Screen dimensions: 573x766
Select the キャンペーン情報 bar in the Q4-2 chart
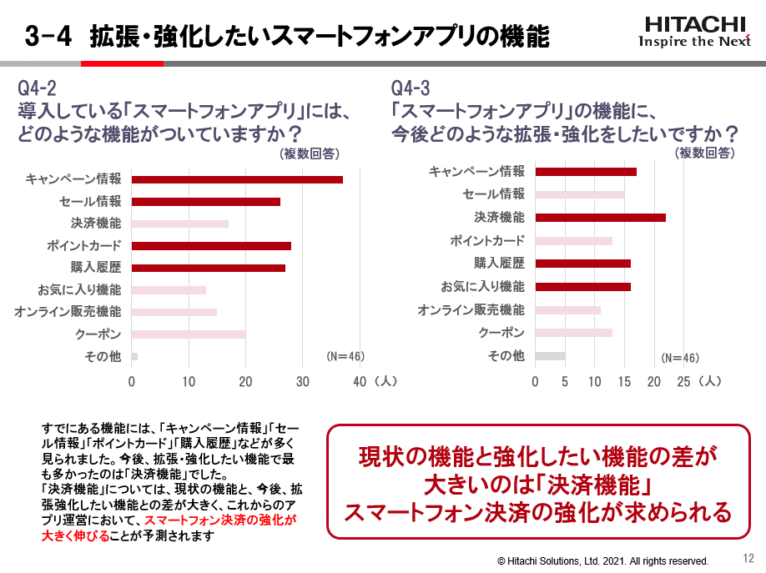tap(237, 179)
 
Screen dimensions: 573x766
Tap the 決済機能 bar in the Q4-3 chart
tap(600, 218)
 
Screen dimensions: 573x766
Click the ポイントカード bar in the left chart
tap(211, 246)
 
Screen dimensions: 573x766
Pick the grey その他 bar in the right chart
tap(550, 356)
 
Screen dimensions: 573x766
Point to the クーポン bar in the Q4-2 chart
tap(189, 334)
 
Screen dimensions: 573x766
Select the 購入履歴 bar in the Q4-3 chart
tap(582, 264)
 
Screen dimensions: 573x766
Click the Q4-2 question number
tap(38, 88)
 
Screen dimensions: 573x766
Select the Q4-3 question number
tap(411, 88)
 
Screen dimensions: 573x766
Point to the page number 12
tap(748, 558)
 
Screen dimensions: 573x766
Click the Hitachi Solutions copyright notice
tap(602, 561)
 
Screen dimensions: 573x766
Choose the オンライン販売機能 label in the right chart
tap(471, 310)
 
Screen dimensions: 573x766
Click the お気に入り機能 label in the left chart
tap(79, 290)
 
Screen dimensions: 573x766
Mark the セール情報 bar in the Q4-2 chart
tap(206, 202)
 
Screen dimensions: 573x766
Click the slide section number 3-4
tap(48, 37)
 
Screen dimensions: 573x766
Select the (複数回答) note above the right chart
tap(705, 153)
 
